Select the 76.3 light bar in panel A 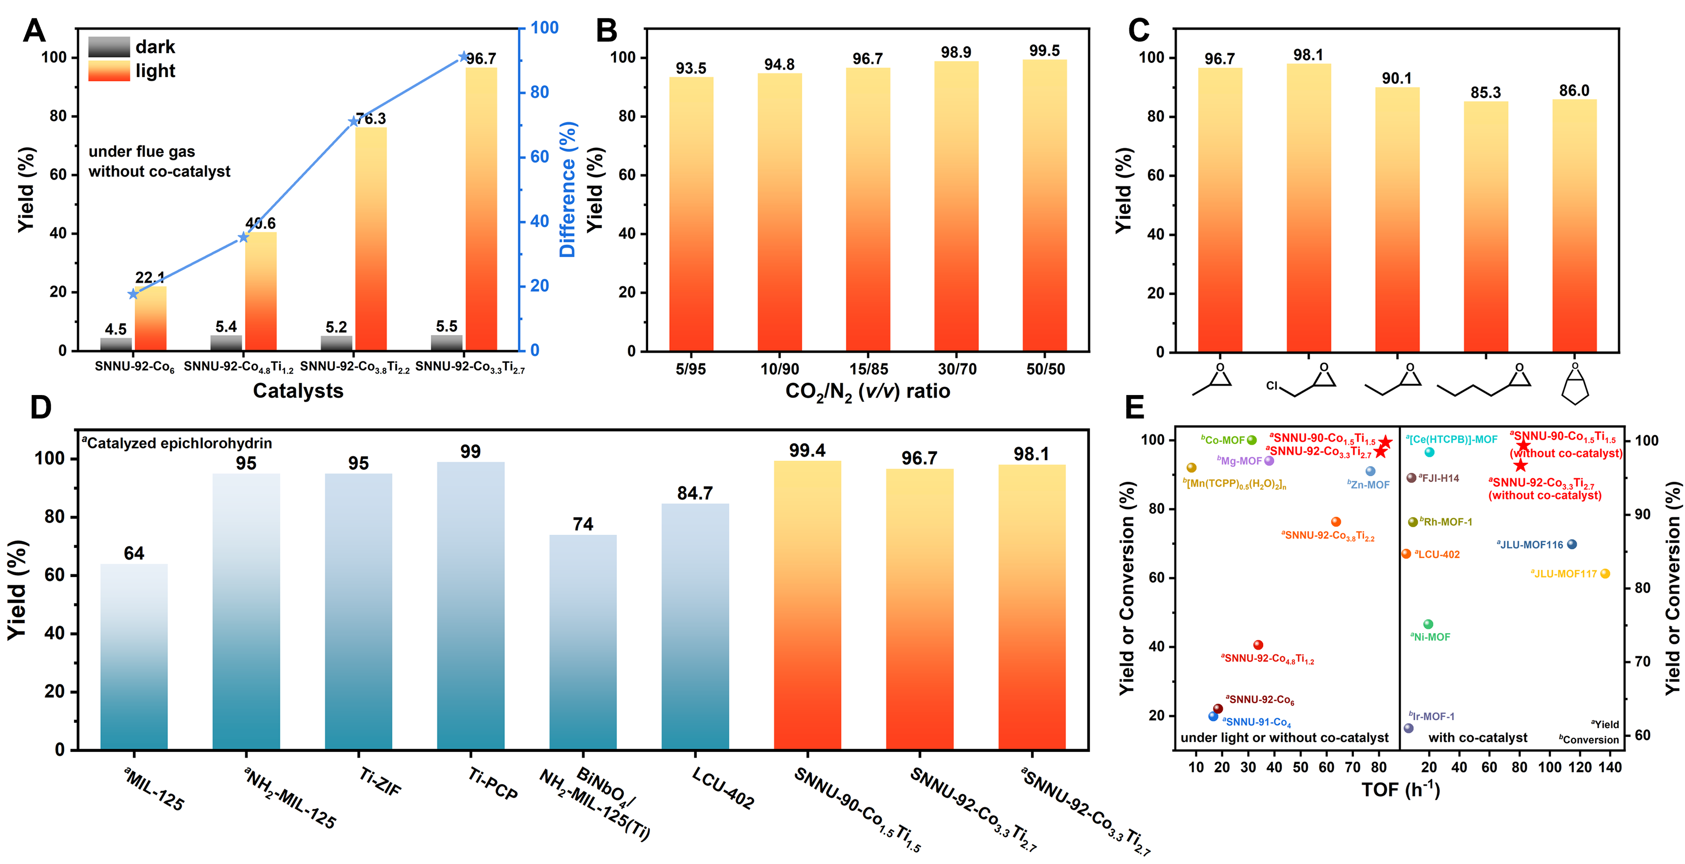pyautogui.click(x=371, y=239)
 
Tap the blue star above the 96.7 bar pyautogui.click(x=465, y=57)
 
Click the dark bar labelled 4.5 pyautogui.click(x=116, y=343)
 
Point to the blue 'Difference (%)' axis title pyautogui.click(x=567, y=189)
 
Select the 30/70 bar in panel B pyautogui.click(x=956, y=206)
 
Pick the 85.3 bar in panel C pyautogui.click(x=1485, y=225)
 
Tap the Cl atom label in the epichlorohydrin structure pyautogui.click(x=1272, y=385)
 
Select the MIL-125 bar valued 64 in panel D pyautogui.click(x=134, y=656)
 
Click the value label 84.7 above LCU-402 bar pyautogui.click(x=694, y=493)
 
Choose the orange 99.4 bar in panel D pyautogui.click(x=807, y=605)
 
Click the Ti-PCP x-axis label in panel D pyautogui.click(x=492, y=784)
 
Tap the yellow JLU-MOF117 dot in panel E pyautogui.click(x=1605, y=574)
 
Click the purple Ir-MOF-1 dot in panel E pyautogui.click(x=1408, y=728)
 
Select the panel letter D pyautogui.click(x=40, y=408)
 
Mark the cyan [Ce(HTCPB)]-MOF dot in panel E pyautogui.click(x=1429, y=452)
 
